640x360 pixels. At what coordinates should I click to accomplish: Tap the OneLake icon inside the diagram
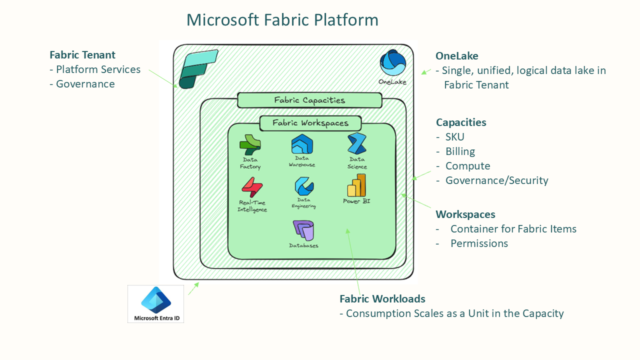(x=392, y=63)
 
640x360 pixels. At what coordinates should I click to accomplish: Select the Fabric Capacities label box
(x=309, y=100)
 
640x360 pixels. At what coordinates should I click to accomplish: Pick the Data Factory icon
(x=250, y=145)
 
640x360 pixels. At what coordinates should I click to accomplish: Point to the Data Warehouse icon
(x=302, y=144)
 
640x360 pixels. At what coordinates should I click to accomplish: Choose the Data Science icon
(x=357, y=144)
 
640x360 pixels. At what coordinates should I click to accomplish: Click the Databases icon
(x=303, y=230)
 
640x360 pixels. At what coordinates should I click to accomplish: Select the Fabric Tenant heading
(x=82, y=55)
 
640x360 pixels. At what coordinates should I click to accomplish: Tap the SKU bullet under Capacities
(x=454, y=137)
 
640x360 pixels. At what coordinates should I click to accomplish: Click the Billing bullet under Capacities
(x=460, y=151)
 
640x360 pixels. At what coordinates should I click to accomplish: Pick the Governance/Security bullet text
(x=496, y=180)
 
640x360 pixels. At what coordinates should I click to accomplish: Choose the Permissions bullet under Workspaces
(x=479, y=243)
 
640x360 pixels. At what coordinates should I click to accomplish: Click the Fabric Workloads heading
(x=382, y=299)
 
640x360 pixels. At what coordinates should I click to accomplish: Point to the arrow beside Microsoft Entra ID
(x=193, y=288)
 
